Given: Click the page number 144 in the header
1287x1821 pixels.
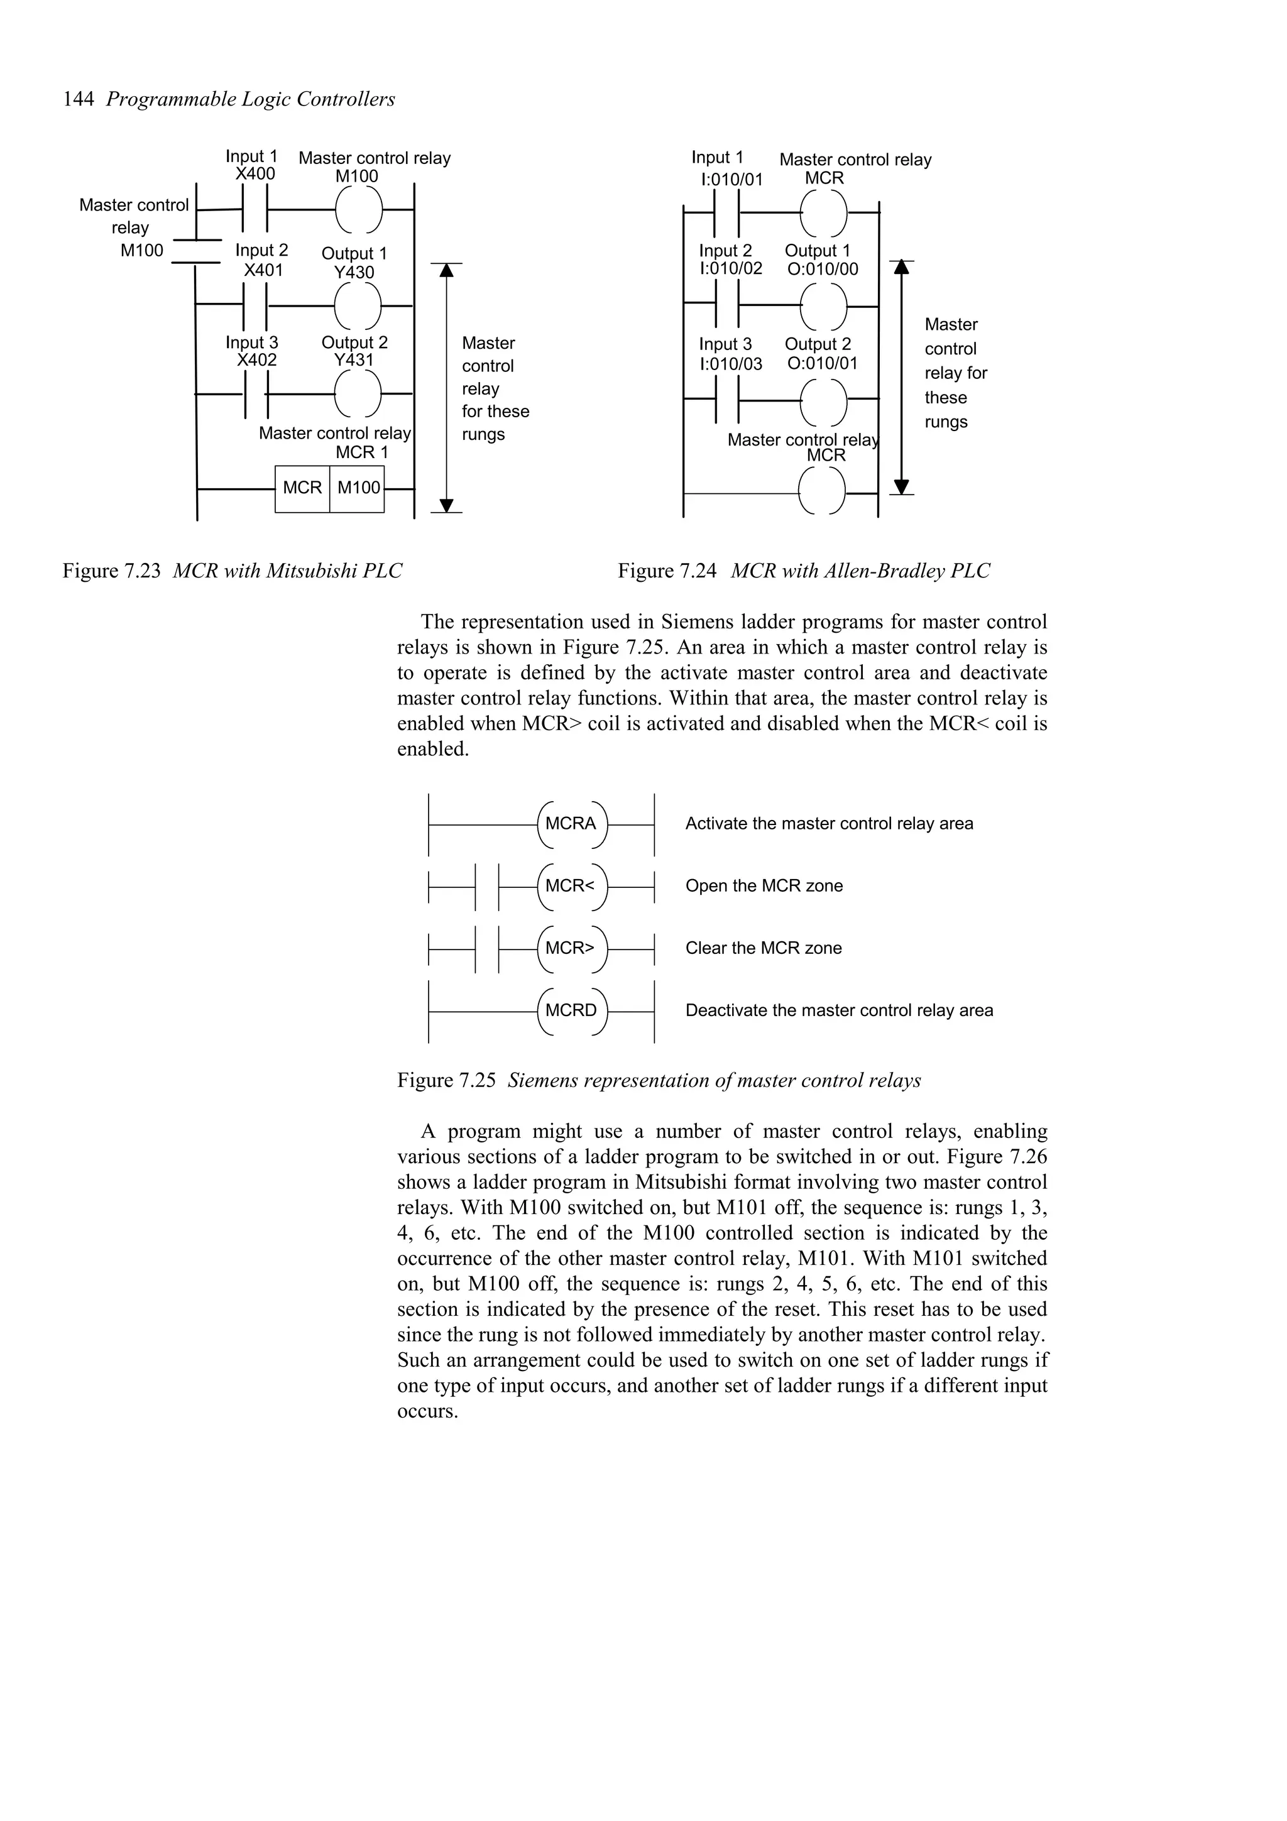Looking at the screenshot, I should (79, 99).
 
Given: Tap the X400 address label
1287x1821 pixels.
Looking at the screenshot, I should (255, 173).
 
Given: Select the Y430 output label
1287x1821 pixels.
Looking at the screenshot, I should (354, 272).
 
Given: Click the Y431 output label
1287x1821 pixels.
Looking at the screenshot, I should (354, 360).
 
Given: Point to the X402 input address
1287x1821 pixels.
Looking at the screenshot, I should (256, 360).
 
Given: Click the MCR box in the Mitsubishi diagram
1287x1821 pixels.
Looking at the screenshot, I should (302, 488).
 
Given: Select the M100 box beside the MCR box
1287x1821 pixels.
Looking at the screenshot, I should (358, 488).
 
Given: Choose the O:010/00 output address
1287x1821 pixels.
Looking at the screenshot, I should (823, 269).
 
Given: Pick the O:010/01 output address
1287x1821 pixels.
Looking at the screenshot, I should (823, 363).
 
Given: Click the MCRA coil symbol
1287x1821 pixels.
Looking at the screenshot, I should (571, 824).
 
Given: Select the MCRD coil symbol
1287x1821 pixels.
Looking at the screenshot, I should (571, 1011).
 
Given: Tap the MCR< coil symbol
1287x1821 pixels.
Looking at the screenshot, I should (571, 886).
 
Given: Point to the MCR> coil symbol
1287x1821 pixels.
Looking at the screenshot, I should (571, 949).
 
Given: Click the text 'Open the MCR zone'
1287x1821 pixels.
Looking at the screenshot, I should (764, 886).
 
